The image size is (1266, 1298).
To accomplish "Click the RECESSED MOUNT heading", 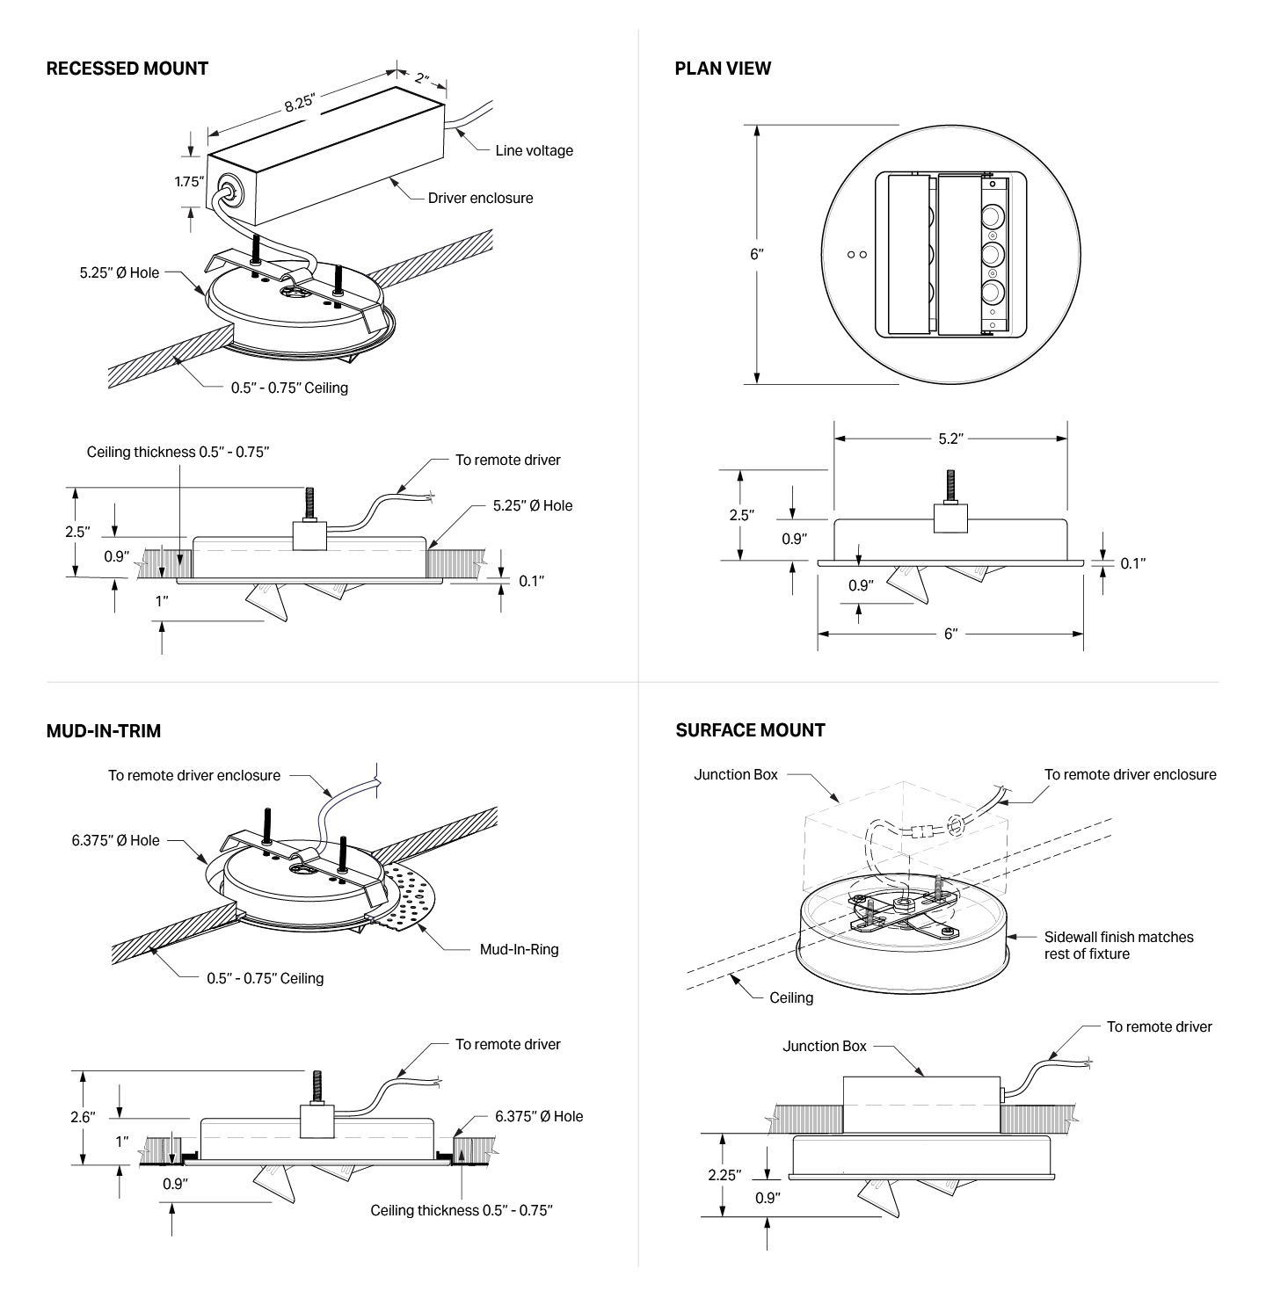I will [x=127, y=69].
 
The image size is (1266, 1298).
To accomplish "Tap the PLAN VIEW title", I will [x=723, y=69].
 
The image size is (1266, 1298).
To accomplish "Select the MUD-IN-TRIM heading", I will [x=103, y=731].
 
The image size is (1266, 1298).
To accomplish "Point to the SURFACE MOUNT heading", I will [x=750, y=730].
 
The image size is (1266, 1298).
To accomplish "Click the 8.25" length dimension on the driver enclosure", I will [x=299, y=103].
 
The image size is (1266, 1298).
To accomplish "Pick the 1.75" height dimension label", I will [x=188, y=182].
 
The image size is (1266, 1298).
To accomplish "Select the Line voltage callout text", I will [x=534, y=150].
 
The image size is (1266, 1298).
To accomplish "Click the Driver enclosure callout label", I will [x=480, y=198].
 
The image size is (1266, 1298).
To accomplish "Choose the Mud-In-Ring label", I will [x=519, y=949].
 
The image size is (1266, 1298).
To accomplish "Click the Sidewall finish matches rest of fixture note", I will [x=1118, y=945].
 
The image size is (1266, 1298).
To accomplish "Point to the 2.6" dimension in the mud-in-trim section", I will [x=83, y=1117].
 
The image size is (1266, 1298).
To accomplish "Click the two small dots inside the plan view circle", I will [x=857, y=255].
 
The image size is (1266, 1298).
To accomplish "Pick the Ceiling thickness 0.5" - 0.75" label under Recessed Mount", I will [x=178, y=452].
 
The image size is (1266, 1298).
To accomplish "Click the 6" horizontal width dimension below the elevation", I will [x=950, y=634].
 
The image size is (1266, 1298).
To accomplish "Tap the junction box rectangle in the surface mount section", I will [x=921, y=1105].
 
